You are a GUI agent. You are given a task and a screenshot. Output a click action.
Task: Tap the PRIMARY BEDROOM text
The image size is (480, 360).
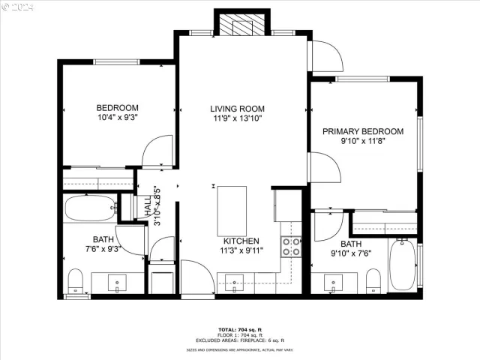(362, 131)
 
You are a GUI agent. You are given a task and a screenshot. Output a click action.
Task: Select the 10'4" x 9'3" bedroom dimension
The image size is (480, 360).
(118, 117)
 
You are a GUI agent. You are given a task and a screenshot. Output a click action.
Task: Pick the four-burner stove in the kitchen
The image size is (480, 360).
(291, 247)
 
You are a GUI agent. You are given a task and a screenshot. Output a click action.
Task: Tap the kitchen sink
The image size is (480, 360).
(235, 286)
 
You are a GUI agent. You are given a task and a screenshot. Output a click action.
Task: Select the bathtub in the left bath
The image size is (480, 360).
(88, 205)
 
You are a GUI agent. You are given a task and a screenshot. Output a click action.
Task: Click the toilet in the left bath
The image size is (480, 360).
(75, 281)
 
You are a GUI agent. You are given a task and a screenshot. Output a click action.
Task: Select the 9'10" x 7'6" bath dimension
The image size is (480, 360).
(350, 253)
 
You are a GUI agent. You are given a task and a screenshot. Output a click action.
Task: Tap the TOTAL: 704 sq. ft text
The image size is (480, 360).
(239, 329)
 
